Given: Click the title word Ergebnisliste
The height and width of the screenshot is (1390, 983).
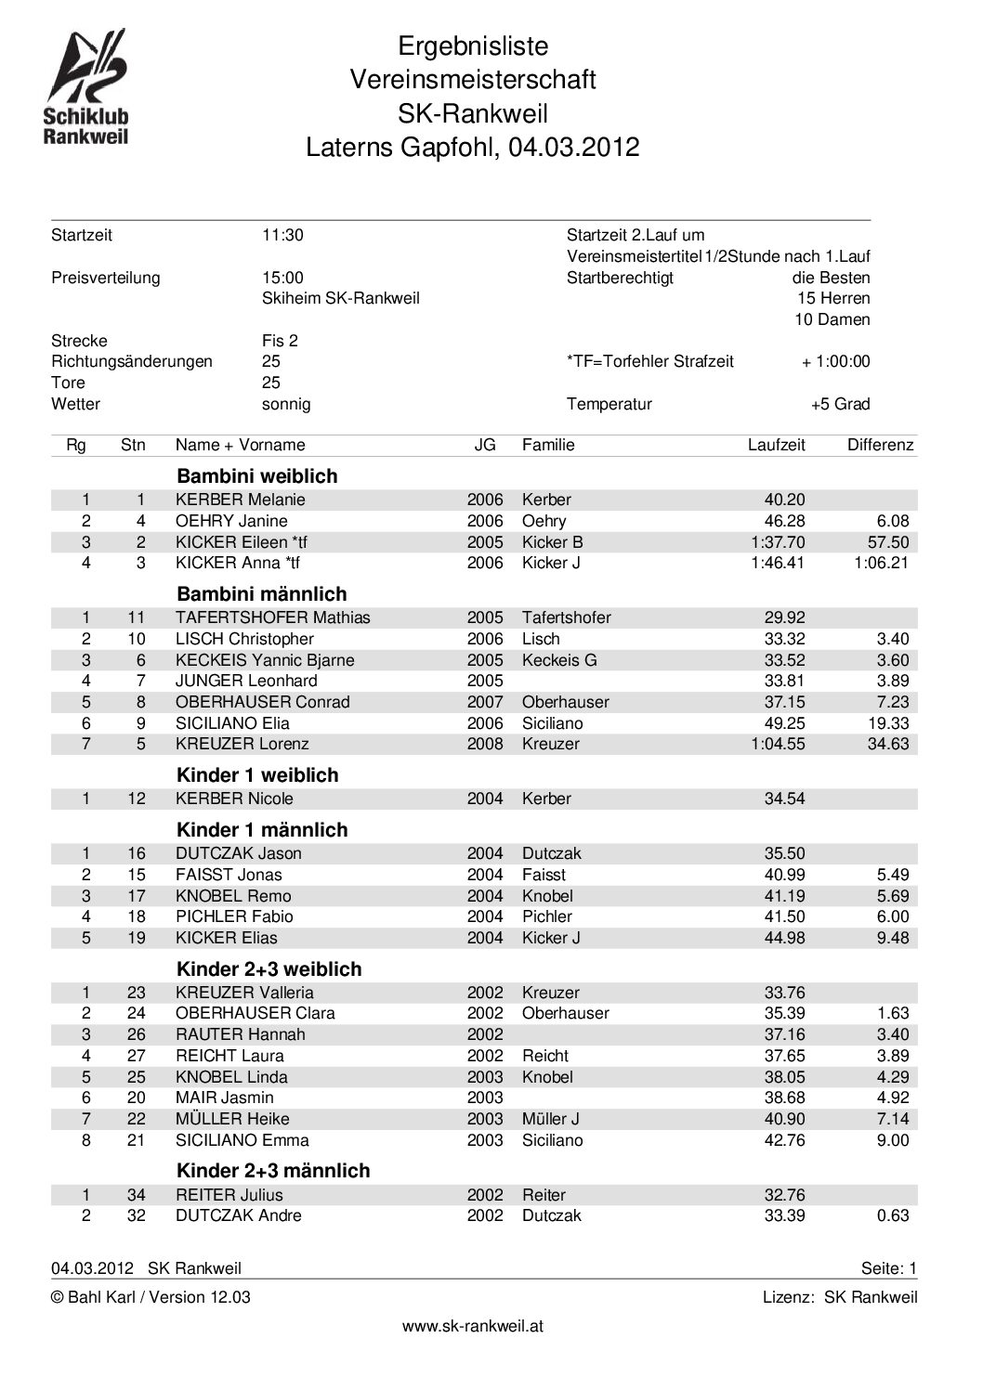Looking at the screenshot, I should coord(473,46).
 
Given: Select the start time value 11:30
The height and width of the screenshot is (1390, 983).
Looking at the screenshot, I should coord(282,235).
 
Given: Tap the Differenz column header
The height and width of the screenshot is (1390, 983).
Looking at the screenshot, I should coord(880,445).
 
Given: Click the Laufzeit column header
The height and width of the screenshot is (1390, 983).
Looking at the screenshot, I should coord(776,445).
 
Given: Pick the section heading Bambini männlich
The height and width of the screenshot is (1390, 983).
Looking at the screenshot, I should coord(261,594).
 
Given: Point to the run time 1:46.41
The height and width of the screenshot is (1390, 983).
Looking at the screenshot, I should coord(778,563).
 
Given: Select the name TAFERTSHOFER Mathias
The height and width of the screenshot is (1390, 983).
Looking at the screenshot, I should coord(272,617).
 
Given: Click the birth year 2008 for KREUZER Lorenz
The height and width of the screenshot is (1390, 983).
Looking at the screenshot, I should coord(485,744).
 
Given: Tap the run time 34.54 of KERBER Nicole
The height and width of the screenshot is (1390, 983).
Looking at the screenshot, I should coord(784,799).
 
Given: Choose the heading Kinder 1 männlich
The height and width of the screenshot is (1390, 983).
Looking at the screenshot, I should coord(262,830).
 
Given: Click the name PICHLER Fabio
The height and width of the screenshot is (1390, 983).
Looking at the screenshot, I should coord(221,916).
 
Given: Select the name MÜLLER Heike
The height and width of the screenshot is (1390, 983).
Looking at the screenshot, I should coord(232,1119).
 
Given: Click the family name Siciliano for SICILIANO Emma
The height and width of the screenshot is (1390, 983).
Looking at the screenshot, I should coord(552,1140).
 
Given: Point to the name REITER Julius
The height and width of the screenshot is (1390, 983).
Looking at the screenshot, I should coord(229,1195).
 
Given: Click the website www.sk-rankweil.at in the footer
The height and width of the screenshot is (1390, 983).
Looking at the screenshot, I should coord(472,1326).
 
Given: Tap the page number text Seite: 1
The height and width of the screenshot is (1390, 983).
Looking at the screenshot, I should coord(888,1268).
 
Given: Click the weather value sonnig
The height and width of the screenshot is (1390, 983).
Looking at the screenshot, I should coord(286,404).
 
